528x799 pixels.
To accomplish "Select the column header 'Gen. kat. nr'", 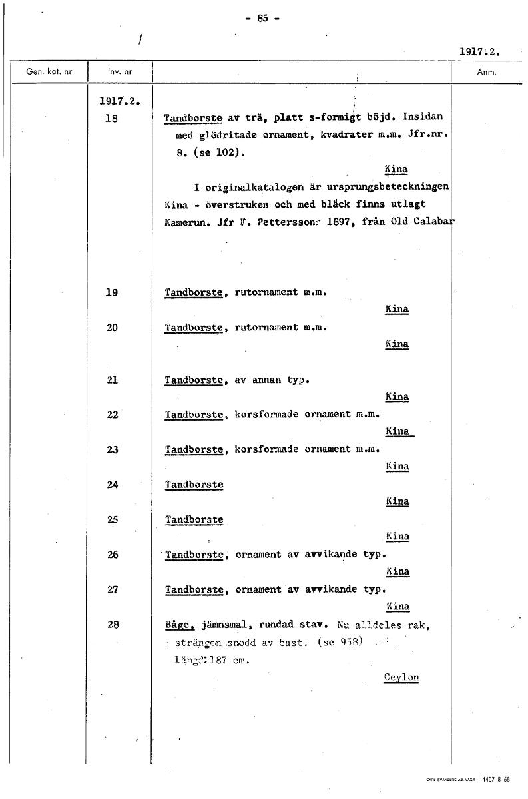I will click(x=48, y=71).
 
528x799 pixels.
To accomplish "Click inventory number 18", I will click(x=112, y=118).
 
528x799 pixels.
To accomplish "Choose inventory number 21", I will click(x=112, y=380).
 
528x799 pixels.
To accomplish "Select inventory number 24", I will click(x=112, y=485).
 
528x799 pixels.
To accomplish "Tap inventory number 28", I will click(x=112, y=625).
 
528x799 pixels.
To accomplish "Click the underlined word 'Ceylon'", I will click(x=401, y=677).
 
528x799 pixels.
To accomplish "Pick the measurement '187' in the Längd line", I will click(x=218, y=660).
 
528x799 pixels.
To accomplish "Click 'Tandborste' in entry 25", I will click(x=194, y=519).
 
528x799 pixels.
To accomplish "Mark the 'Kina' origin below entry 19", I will click(x=397, y=310).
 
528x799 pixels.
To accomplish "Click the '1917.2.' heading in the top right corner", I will click(x=479, y=51).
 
